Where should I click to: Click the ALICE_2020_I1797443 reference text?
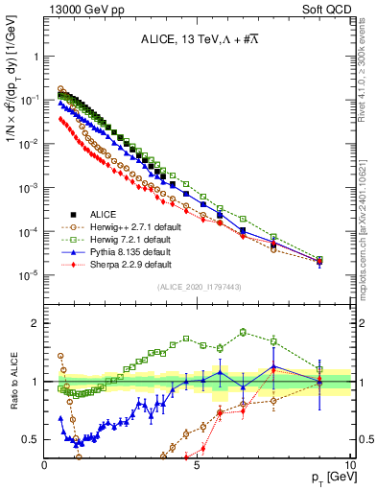pos(197,287)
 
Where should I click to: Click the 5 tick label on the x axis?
pos(197,464)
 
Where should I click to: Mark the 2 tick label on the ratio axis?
pos(36,322)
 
